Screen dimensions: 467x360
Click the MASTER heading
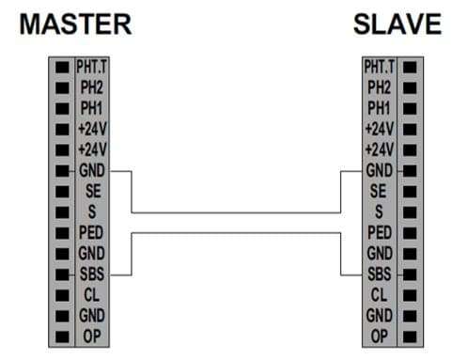[x=75, y=24]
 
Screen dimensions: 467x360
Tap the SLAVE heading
[x=397, y=24]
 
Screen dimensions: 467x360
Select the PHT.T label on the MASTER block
[x=91, y=67]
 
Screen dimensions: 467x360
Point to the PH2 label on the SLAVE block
[x=379, y=87]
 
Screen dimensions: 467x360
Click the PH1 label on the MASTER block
[x=91, y=108]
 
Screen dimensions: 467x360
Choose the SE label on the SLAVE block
[x=378, y=191]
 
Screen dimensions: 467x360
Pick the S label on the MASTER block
[x=92, y=211]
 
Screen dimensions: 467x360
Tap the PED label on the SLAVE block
[x=380, y=232]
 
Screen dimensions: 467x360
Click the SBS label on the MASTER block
[x=92, y=274]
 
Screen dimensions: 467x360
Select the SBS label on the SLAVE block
[x=380, y=274]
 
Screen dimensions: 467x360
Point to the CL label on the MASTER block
[x=91, y=295]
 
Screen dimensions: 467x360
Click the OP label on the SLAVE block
[x=379, y=337]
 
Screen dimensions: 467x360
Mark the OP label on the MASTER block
[x=92, y=337]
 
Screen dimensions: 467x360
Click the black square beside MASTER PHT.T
[x=62, y=68]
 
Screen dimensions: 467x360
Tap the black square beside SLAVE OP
[x=410, y=337]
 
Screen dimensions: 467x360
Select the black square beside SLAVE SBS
[x=410, y=274]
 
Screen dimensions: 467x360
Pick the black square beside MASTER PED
[x=62, y=233]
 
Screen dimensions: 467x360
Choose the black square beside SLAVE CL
[x=410, y=295]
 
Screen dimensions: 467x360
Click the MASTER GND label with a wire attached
[x=92, y=170]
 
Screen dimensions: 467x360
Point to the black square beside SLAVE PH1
[x=410, y=109]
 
